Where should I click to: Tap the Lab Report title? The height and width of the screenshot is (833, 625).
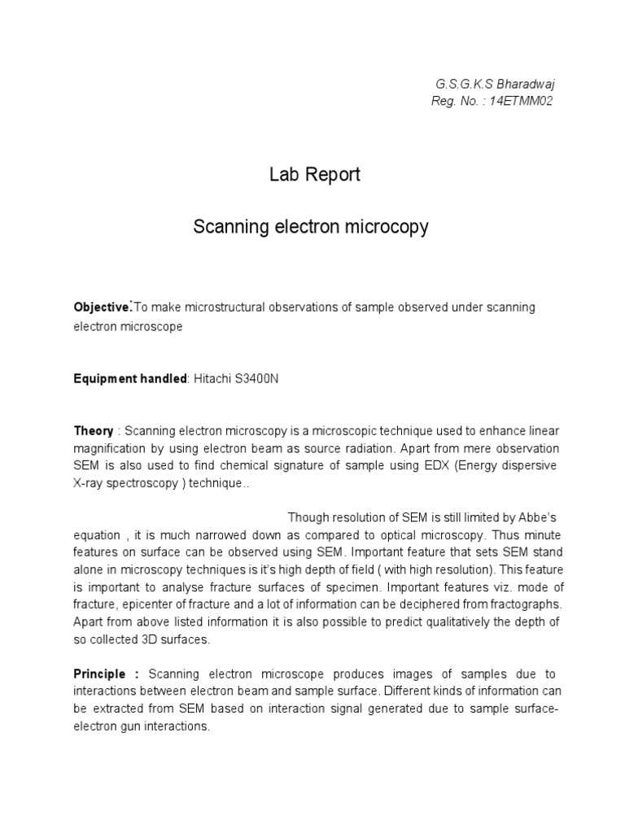(314, 175)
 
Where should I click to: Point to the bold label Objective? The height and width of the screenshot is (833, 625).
(102, 307)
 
